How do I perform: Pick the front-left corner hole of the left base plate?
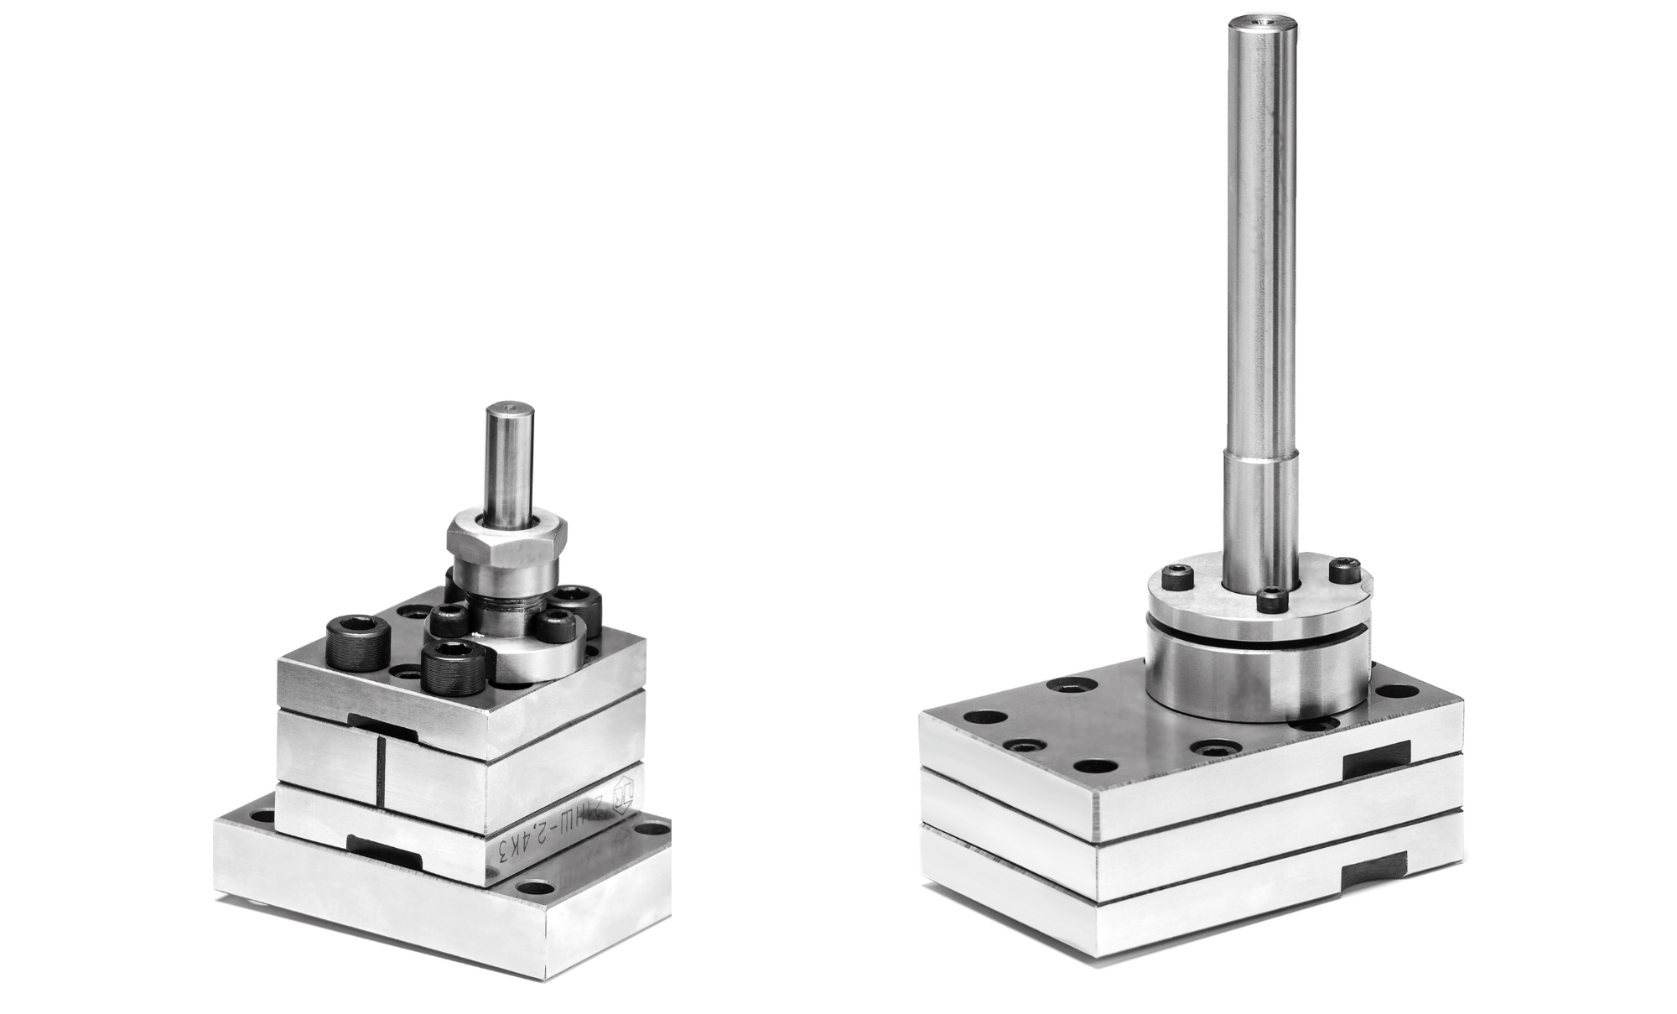pos(264,814)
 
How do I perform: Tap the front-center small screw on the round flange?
pos(1271,601)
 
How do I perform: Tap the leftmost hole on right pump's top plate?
pos(984,718)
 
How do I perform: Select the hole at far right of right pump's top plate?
pos(1408,692)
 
